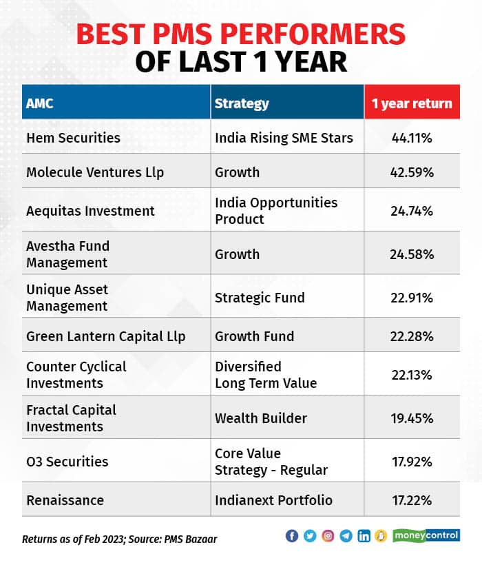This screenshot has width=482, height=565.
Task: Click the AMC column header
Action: tap(40, 103)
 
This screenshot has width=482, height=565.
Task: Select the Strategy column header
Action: tap(242, 103)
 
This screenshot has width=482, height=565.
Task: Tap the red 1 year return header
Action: tap(412, 103)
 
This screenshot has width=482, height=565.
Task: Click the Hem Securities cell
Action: tap(73, 138)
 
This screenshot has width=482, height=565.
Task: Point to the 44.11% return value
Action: tap(412, 138)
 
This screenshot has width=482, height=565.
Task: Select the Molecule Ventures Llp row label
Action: tap(95, 172)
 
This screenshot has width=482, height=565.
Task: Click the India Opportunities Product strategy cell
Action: tap(276, 211)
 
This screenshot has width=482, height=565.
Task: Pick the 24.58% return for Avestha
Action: tap(412, 254)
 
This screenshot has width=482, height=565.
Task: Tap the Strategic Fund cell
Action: tap(260, 298)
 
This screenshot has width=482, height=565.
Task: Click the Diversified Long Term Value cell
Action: tap(266, 375)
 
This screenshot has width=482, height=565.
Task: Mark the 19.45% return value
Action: tap(412, 418)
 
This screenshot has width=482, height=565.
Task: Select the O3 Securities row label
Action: tap(67, 462)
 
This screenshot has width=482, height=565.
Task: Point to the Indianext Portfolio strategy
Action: tap(273, 500)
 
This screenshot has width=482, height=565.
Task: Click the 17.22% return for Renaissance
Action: tap(412, 500)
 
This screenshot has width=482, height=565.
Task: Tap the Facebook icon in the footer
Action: tap(292, 536)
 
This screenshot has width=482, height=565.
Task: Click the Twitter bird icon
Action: tap(310, 536)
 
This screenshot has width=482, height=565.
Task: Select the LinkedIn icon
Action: tap(364, 536)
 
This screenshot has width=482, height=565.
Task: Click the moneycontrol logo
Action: tap(427, 535)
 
